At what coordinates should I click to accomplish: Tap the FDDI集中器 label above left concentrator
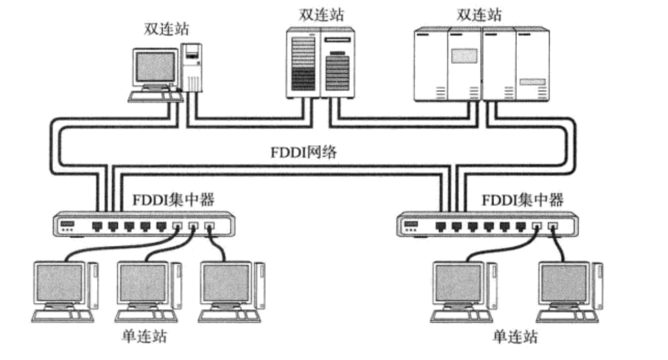click(x=173, y=199)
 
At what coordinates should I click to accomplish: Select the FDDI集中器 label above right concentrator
click(x=523, y=200)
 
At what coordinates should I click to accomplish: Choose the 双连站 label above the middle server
click(x=321, y=15)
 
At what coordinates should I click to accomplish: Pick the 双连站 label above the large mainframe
click(x=479, y=15)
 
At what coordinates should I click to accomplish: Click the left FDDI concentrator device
click(x=143, y=225)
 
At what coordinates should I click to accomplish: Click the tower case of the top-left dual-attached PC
click(x=192, y=66)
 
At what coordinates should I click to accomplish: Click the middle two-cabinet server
click(x=321, y=63)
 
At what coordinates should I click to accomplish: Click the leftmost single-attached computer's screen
click(x=59, y=283)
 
